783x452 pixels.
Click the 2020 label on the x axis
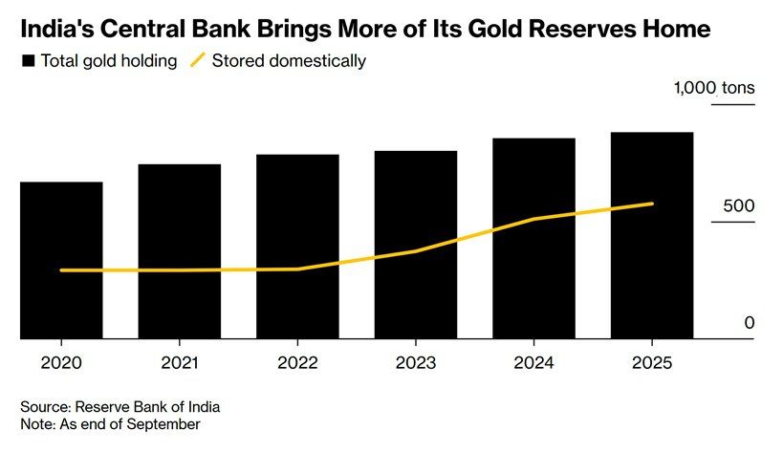(61, 364)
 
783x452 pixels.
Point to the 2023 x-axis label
(415, 364)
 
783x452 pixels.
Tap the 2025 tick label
(651, 364)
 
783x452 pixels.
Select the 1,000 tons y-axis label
(714, 88)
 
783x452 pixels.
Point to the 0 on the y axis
(750, 323)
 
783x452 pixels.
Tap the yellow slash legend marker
(198, 61)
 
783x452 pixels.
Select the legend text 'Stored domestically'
(289, 61)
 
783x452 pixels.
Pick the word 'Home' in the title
(676, 30)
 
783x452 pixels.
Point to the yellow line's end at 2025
(652, 204)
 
